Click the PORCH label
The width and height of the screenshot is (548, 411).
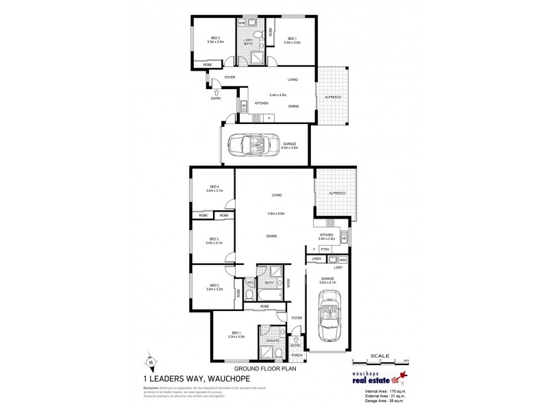pos(297,355)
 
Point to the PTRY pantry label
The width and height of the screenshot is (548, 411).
pos(324,249)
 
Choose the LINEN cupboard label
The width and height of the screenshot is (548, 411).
pos(316,260)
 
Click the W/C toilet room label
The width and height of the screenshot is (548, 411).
pos(251,282)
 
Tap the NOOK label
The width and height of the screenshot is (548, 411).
pos(288,282)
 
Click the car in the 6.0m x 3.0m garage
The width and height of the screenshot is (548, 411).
pos(251,145)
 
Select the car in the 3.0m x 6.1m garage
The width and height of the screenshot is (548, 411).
pos(327,319)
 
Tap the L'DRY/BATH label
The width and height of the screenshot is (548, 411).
pos(249,42)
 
